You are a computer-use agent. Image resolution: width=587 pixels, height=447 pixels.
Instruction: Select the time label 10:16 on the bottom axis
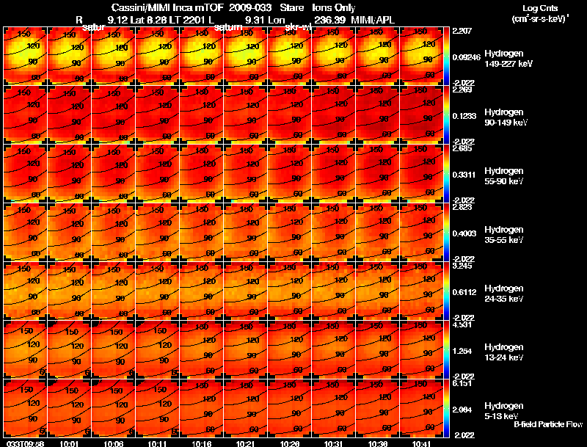pyautogui.click(x=201, y=443)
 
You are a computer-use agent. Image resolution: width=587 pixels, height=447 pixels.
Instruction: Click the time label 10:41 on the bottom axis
pyautogui.click(x=421, y=443)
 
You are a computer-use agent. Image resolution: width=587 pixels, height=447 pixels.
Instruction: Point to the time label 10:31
pyautogui.click(x=333, y=443)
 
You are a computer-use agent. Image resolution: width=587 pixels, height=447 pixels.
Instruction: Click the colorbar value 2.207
pyautogui.click(x=463, y=32)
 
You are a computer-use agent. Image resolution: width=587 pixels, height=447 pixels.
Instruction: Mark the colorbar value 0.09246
pyautogui.click(x=466, y=57)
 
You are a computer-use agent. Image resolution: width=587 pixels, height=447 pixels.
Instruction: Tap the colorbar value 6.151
pyautogui.click(x=463, y=384)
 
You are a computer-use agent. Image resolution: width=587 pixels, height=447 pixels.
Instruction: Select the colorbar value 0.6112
pyautogui.click(x=464, y=291)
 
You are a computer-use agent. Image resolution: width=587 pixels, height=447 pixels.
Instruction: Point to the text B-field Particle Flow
pyautogui.click(x=547, y=425)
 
